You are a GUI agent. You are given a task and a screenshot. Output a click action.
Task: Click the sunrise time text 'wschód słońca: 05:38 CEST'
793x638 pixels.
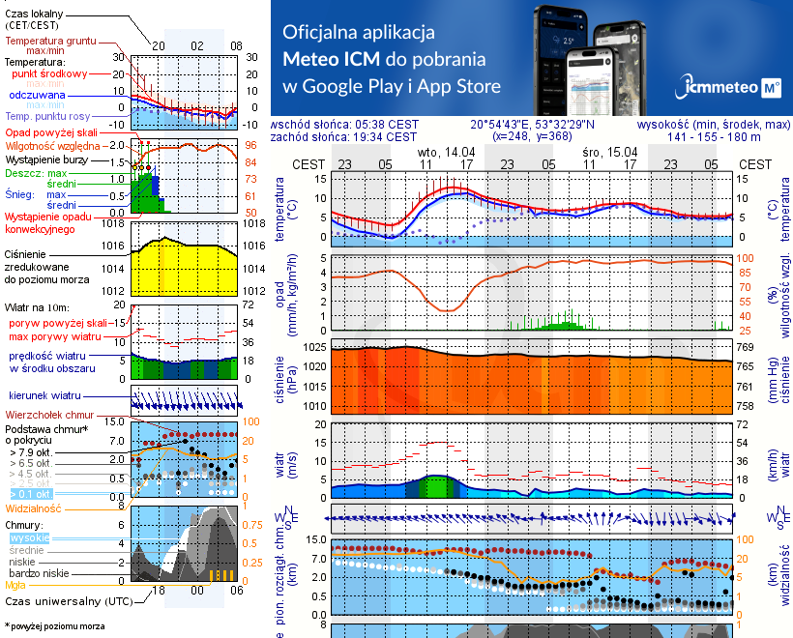pyautogui.click(x=344, y=125)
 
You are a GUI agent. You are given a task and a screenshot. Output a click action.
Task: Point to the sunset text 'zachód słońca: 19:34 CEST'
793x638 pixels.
pyautogui.click(x=344, y=137)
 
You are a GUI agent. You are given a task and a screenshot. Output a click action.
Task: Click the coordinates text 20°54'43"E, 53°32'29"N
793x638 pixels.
pyautogui.click(x=532, y=125)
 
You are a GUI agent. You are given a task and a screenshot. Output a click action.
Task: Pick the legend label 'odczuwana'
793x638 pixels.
pyautogui.click(x=37, y=96)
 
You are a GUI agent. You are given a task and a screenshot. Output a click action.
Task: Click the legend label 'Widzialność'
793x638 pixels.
pyautogui.click(x=34, y=507)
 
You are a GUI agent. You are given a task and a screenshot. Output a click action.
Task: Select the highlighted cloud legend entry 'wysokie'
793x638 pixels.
pyautogui.click(x=29, y=537)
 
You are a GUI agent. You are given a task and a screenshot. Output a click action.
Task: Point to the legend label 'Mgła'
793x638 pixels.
pyautogui.click(x=15, y=584)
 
